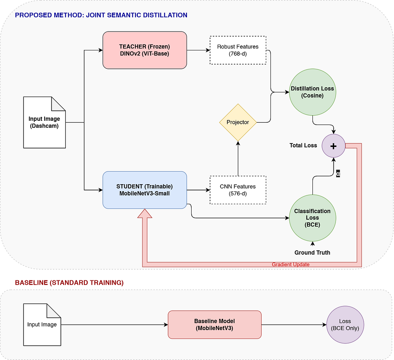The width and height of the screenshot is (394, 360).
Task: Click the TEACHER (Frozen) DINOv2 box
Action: click(x=145, y=50)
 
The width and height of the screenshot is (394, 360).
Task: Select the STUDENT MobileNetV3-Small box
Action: click(x=145, y=190)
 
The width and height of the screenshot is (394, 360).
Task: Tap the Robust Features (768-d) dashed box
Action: click(x=238, y=50)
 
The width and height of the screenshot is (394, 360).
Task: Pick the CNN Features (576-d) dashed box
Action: click(x=238, y=190)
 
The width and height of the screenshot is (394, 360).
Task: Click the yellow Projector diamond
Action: click(x=238, y=122)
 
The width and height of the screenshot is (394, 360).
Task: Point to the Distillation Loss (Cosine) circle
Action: click(x=312, y=92)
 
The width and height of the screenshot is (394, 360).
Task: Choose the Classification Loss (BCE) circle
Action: click(x=312, y=218)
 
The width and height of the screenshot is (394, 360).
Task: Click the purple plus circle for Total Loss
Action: click(x=334, y=146)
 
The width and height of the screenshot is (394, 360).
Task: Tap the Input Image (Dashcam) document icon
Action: click(x=45, y=122)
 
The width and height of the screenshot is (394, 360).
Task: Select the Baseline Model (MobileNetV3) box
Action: click(x=215, y=325)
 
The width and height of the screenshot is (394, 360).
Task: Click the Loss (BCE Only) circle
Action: click(x=345, y=325)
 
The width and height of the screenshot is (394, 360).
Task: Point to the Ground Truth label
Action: click(x=312, y=252)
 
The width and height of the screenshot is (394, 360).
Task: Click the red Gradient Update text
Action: click(x=291, y=264)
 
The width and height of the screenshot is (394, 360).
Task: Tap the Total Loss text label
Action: click(x=303, y=145)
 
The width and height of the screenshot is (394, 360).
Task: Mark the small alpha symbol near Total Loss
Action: click(x=338, y=173)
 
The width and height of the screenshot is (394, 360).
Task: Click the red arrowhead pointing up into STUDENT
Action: click(x=145, y=213)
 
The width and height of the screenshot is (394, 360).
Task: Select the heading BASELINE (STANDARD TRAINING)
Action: click(x=69, y=283)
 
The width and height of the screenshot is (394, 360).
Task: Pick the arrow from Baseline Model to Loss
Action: click(x=294, y=325)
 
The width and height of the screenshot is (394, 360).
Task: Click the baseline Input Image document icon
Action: click(x=42, y=325)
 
